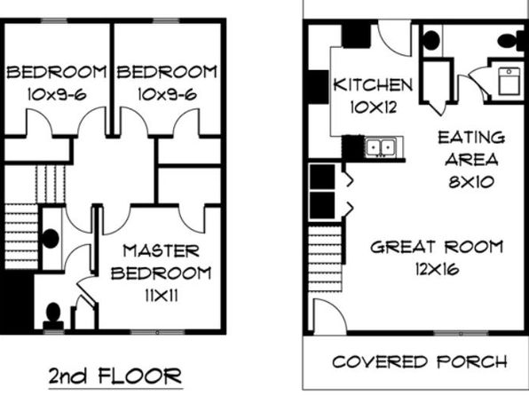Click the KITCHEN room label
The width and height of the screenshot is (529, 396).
[x=373, y=84]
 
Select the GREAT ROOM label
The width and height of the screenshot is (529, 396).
[x=437, y=247]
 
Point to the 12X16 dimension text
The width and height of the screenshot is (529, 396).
[x=438, y=269]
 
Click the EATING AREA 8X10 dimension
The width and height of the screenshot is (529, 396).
[x=471, y=182]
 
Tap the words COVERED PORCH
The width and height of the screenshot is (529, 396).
[x=420, y=362]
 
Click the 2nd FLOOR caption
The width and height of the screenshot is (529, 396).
[x=115, y=376]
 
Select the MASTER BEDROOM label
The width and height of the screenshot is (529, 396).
[x=162, y=262]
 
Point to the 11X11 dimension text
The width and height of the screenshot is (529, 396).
[x=162, y=296]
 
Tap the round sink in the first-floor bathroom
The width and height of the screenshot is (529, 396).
[x=430, y=40]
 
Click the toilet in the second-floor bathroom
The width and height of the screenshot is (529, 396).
[x=53, y=316]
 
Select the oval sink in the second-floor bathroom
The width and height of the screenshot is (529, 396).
[x=50, y=238]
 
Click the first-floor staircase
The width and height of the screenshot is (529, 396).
[x=325, y=258]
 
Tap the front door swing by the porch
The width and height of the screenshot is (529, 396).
[x=330, y=316]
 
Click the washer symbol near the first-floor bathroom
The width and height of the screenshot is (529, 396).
[x=509, y=81]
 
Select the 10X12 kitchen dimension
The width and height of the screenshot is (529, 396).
[x=373, y=107]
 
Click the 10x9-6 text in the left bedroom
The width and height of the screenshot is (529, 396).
[x=57, y=94]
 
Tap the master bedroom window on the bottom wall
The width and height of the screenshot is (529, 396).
[x=158, y=333]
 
